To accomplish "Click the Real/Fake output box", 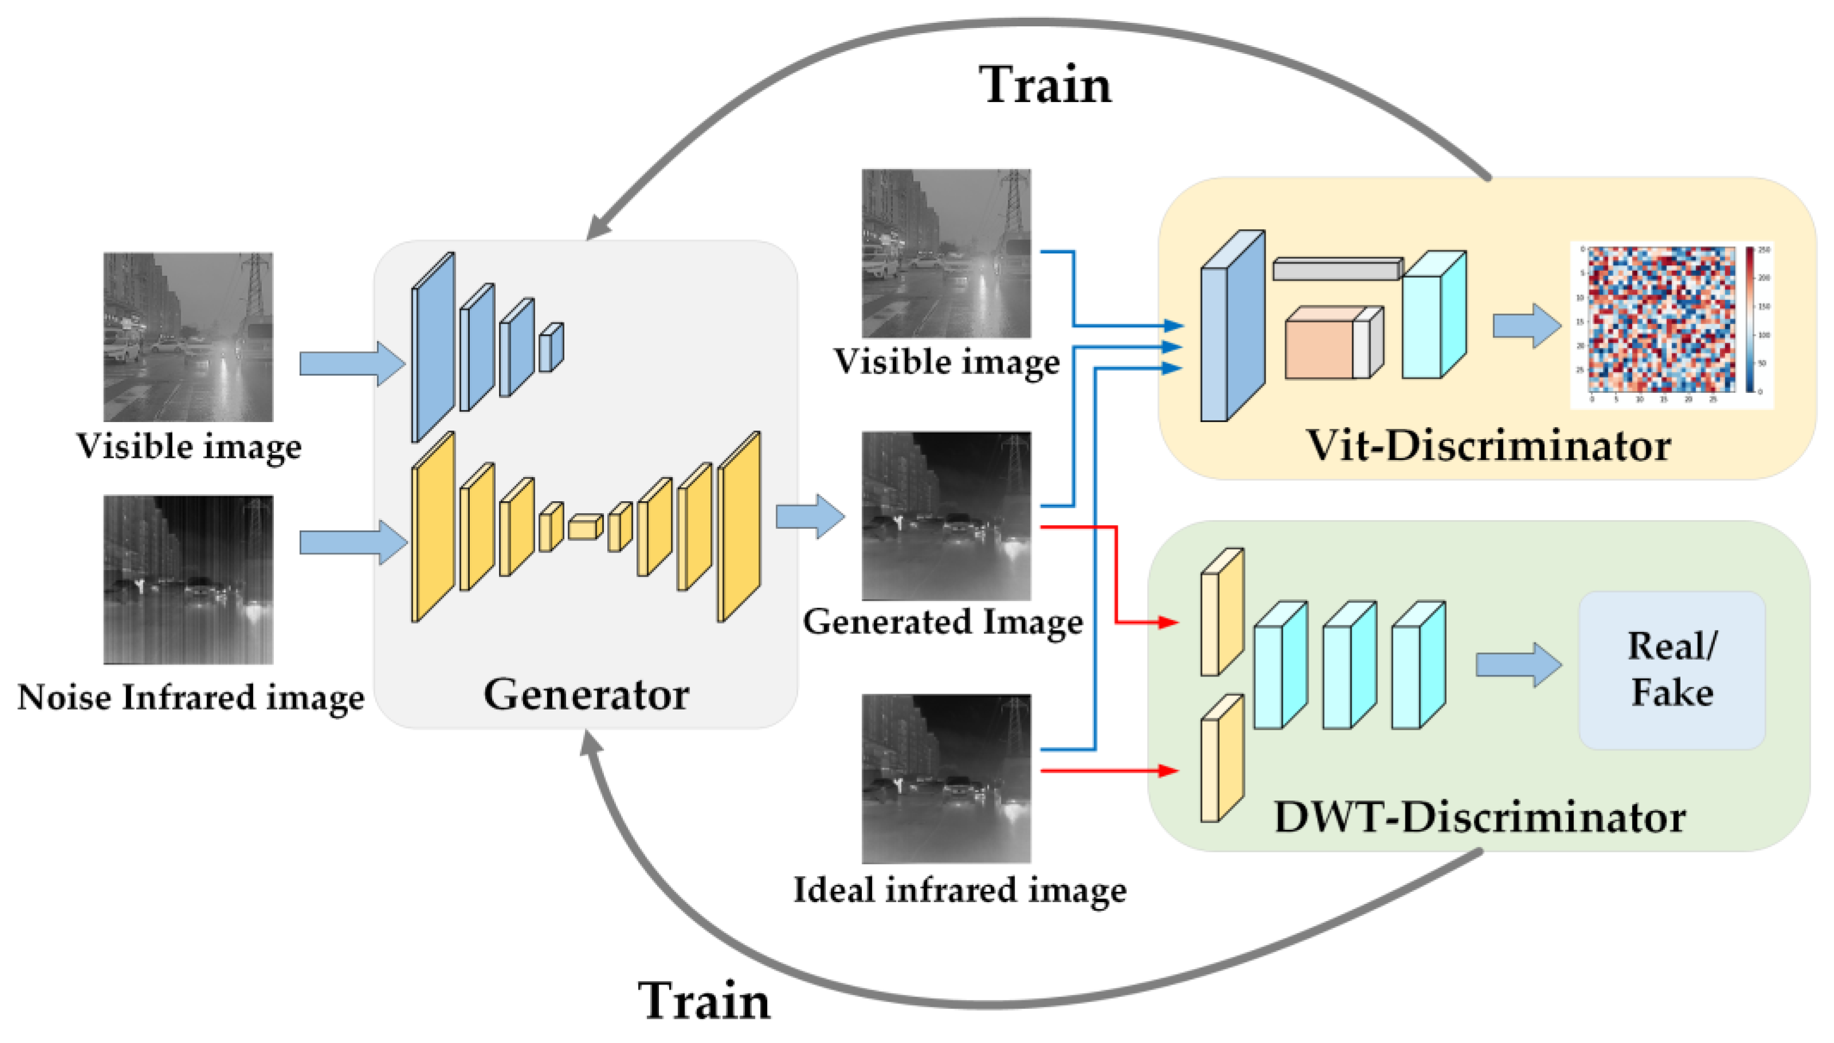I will [1671, 669].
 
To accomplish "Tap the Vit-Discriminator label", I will [1489, 446].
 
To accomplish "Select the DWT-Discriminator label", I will [1479, 817].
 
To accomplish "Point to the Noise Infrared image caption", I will [191, 697].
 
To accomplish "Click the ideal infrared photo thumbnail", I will [946, 778].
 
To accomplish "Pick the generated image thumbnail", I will [946, 515].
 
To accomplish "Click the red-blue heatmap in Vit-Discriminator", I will [1660, 320].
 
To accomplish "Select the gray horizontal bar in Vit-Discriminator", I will [1337, 269].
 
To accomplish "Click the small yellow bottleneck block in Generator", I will [584, 528].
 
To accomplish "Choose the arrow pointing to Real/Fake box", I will [1517, 665].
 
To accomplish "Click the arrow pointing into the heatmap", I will [1526, 326].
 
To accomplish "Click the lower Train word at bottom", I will [704, 1001].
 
